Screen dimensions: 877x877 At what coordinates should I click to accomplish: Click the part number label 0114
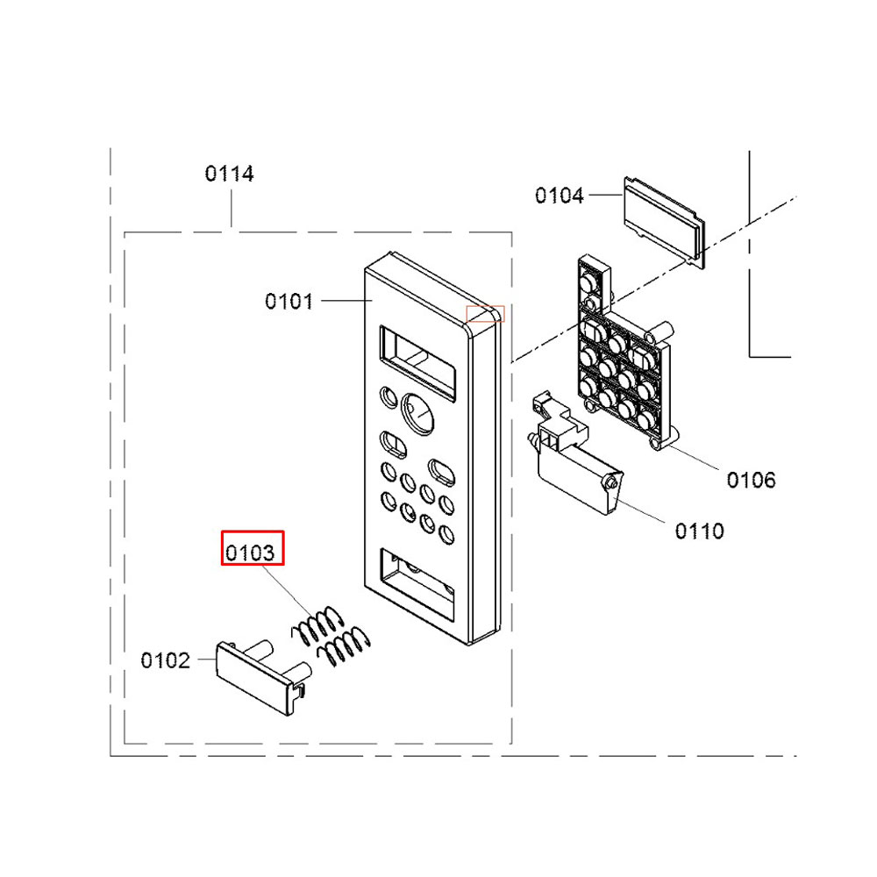tap(229, 174)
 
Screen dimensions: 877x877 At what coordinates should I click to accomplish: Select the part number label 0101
tap(289, 302)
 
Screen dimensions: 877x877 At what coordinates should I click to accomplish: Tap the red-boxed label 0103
tap(253, 548)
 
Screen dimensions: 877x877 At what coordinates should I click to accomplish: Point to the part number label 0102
tap(165, 660)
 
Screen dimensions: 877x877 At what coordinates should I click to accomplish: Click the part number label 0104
tap(560, 196)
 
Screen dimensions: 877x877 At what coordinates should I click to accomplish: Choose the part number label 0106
tap(752, 480)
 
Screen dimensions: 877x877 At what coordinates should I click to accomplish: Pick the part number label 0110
tap(700, 531)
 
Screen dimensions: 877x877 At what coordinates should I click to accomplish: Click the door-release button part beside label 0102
tap(263, 677)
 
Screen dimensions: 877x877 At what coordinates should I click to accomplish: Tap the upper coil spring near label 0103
tap(317, 624)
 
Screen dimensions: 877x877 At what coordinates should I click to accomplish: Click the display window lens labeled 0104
tap(665, 222)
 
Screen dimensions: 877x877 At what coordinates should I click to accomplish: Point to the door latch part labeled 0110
tap(576, 454)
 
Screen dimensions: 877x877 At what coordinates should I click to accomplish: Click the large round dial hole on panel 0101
tap(417, 414)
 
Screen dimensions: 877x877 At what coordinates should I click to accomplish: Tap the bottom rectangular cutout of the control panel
tap(417, 584)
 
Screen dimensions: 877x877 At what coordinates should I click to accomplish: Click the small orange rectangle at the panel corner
tap(486, 314)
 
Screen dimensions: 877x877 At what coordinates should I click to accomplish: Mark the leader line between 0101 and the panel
tap(346, 301)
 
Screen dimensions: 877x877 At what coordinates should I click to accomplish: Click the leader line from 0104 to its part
tap(606, 195)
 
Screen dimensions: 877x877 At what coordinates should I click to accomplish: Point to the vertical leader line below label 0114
tap(231, 209)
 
